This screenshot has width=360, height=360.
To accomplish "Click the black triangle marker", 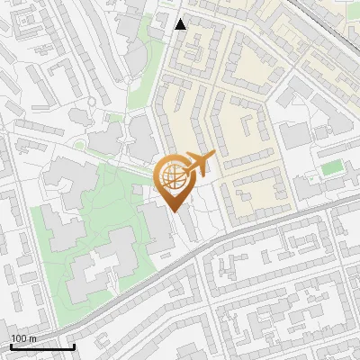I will tap(181, 23).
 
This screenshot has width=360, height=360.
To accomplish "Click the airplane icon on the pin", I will tap(200, 163).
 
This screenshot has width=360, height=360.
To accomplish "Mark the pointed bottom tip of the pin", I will tap(175, 211).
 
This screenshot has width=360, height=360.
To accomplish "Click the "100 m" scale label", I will tap(23, 338).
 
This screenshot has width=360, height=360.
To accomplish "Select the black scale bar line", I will tap(42, 346).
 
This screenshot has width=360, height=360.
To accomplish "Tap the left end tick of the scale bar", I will tap(12, 345).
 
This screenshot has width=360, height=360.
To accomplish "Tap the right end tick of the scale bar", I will tap(74, 345).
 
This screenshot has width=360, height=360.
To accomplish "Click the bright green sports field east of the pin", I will tap(332, 167).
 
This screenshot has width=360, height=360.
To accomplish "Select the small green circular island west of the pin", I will tap(79, 145).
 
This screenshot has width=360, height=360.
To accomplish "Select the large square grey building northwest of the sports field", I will tap(293, 137).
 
